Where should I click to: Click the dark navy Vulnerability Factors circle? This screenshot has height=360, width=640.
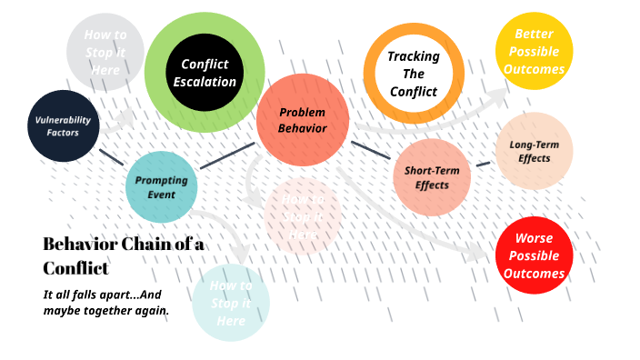(x=64, y=126)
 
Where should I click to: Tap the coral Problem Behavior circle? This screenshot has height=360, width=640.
(x=303, y=120)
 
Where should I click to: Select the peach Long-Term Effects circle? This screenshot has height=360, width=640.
(x=535, y=151)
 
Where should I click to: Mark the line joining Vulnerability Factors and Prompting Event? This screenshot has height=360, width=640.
(x=111, y=156)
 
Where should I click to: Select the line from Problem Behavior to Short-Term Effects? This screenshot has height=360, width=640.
(x=370, y=150)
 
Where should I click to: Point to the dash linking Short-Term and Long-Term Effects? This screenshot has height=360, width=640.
(x=483, y=164)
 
